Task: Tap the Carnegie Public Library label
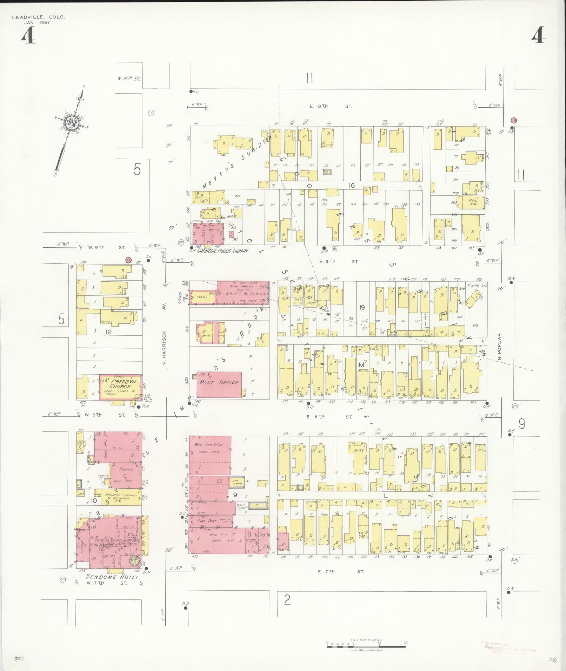[222, 251]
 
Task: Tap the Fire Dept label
[207, 521]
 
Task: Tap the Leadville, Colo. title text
[39, 17]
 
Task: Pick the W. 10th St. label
[128, 79]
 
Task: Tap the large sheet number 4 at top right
[538, 36]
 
